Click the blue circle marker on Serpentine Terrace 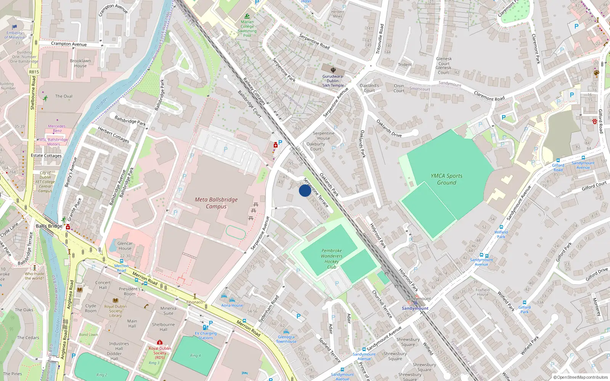pyautogui.click(x=305, y=190)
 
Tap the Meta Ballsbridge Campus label pyautogui.click(x=216, y=203)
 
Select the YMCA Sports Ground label pyautogui.click(x=446, y=179)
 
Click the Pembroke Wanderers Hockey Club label pyautogui.click(x=332, y=259)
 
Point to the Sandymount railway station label pyautogui.click(x=415, y=308)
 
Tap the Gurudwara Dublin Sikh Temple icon pyautogui.click(x=333, y=70)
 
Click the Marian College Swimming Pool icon pyautogui.click(x=247, y=16)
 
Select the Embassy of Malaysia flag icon pyautogui.click(x=14, y=27)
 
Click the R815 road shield pyautogui.click(x=34, y=72)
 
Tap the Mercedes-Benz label pyautogui.click(x=57, y=128)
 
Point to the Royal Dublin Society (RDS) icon pyautogui.click(x=160, y=343)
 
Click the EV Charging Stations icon pyautogui.click(x=205, y=327)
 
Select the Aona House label pyautogui.click(x=232, y=305)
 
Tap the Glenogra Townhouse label pyautogui.click(x=286, y=339)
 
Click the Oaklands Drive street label pyautogui.click(x=389, y=128)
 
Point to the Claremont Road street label pyautogui.click(x=489, y=96)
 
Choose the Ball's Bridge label pyautogui.click(x=49, y=226)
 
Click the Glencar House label pyautogui.click(x=125, y=246)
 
